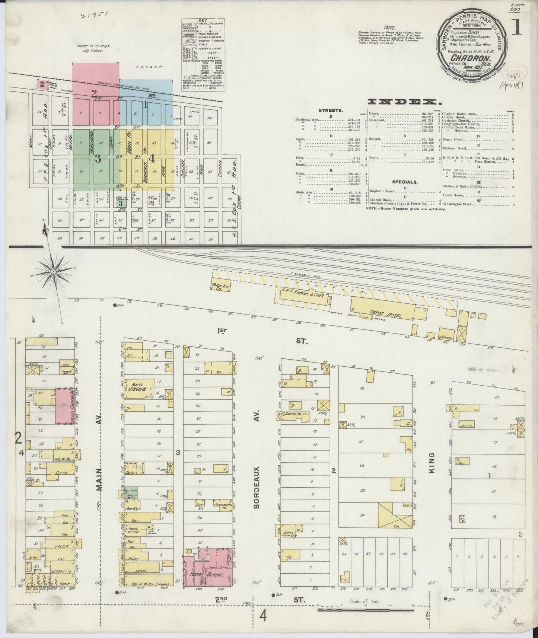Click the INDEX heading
click(402, 101)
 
